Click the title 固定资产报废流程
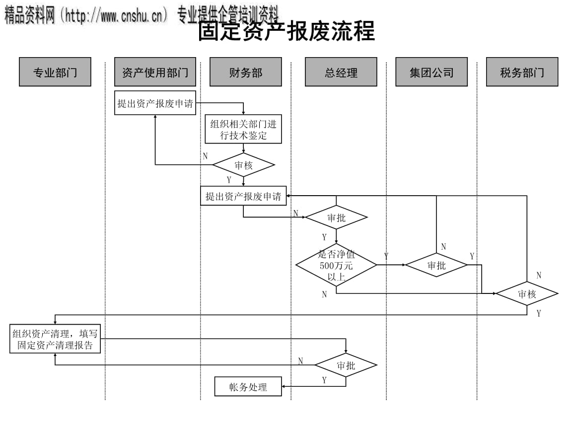click(286, 31)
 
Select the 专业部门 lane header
click(55, 72)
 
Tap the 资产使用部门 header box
click(155, 72)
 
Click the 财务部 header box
click(245, 72)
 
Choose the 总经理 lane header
click(341, 72)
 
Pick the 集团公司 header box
click(431, 72)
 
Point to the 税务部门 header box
click(522, 72)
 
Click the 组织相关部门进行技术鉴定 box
click(243, 130)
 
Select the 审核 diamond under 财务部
click(243, 165)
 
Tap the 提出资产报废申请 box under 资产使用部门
click(155, 103)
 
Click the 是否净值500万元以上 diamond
click(336, 265)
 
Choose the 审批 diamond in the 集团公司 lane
click(436, 265)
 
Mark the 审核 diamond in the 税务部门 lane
click(527, 293)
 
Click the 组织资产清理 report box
click(55, 339)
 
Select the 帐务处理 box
click(248, 387)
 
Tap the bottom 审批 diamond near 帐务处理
click(346, 365)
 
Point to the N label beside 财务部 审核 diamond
click(205, 156)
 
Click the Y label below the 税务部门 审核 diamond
click(539, 313)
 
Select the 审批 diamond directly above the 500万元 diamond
click(336, 217)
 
